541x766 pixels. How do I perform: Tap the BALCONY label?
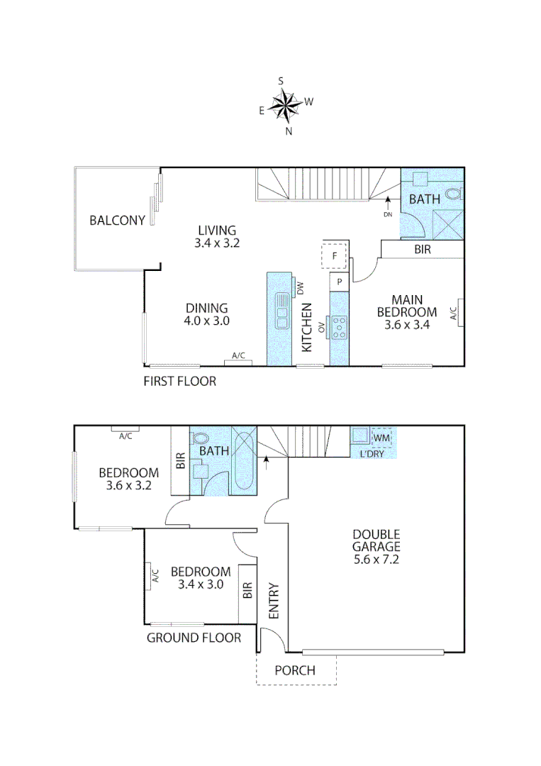[117, 220]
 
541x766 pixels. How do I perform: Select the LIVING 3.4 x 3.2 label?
[216, 236]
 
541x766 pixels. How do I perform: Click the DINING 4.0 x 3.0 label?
[206, 314]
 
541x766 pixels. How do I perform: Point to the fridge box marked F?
[334, 255]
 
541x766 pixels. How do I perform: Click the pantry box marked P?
[340, 282]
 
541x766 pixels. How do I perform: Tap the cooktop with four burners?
[340, 327]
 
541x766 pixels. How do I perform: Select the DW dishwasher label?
[300, 288]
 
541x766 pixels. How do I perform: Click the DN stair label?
[387, 214]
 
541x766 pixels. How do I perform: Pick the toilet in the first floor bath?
[454, 192]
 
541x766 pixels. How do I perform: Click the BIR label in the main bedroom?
[422, 250]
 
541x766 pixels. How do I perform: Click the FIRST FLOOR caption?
[179, 381]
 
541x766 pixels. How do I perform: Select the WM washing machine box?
[381, 438]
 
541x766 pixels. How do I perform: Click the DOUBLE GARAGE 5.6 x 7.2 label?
[376, 547]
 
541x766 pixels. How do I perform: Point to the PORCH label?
[295, 670]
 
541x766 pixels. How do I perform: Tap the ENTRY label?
[274, 601]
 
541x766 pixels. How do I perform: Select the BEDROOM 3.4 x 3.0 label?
[201, 578]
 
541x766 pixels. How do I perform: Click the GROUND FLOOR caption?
[194, 638]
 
